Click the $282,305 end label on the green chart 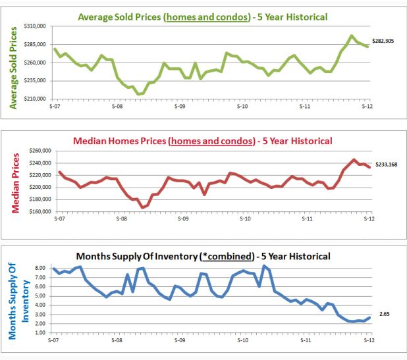click(x=387, y=41)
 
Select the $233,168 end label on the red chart click(x=387, y=164)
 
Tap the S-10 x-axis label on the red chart click(x=243, y=218)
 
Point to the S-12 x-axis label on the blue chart click(x=369, y=341)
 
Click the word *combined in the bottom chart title click(x=227, y=256)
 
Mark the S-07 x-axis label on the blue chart click(x=55, y=341)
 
